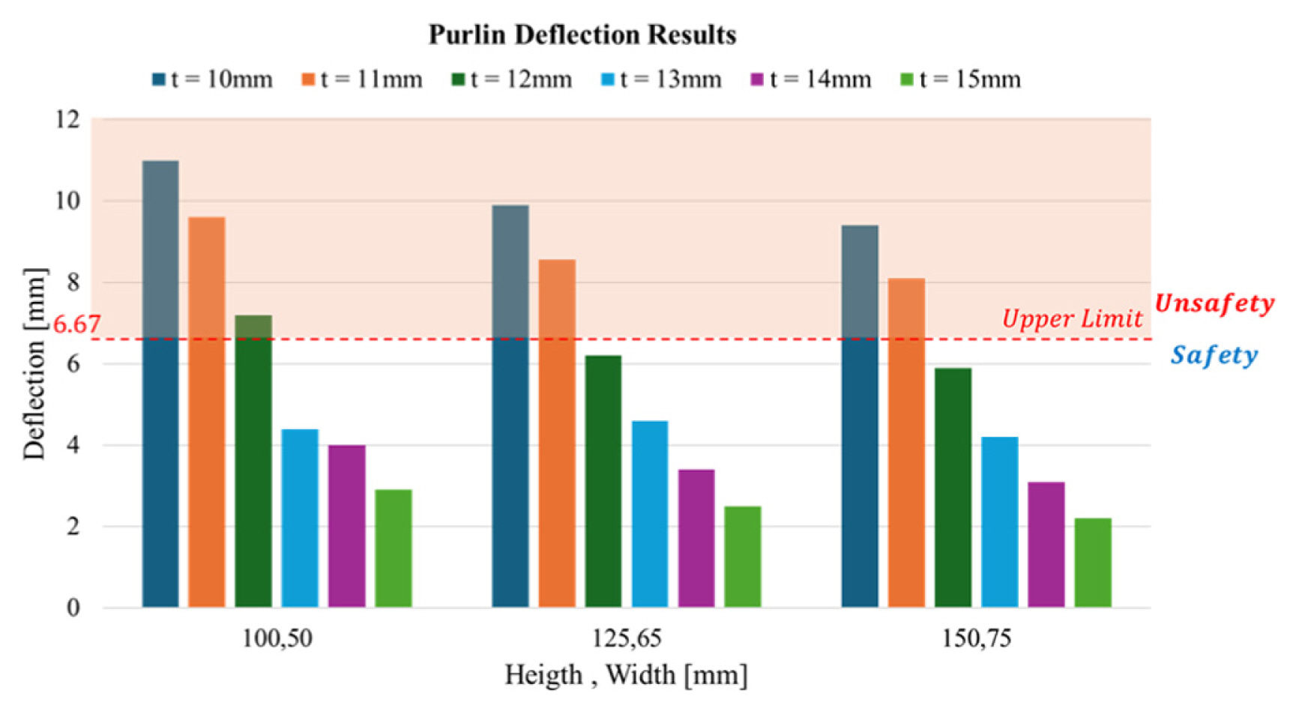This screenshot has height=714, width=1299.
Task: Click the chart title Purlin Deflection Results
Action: [x=582, y=34]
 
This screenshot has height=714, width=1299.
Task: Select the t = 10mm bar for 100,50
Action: [x=160, y=390]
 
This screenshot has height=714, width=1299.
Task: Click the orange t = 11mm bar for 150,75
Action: [x=906, y=442]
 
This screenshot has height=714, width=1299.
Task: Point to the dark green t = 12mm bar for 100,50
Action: [x=253, y=461]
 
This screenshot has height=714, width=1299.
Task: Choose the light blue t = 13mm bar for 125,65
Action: [x=650, y=514]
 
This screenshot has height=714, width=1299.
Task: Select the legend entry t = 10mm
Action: [x=213, y=79]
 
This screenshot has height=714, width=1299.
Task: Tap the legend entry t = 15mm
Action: [x=961, y=79]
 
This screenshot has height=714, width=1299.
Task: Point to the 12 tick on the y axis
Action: [x=67, y=119]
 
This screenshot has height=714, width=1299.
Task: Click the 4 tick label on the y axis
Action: [x=73, y=445]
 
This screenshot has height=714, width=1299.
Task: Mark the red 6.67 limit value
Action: [x=76, y=324]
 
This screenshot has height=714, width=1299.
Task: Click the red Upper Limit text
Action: [x=1072, y=319]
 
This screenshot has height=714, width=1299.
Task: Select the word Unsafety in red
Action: [x=1214, y=303]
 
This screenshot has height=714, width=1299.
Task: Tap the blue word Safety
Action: [x=1214, y=355]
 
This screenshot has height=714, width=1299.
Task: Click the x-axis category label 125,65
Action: [x=627, y=638]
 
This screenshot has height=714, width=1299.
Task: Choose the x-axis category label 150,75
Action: [x=976, y=638]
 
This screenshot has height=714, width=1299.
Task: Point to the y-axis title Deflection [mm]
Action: [x=34, y=363]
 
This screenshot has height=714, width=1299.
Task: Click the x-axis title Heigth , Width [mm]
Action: [x=626, y=675]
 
